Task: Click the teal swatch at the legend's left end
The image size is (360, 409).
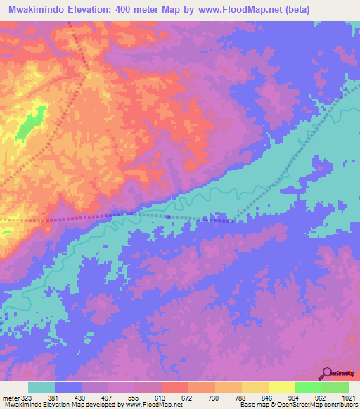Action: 41,387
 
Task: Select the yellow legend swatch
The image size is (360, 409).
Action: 282,387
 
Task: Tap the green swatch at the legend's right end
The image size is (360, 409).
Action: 335,387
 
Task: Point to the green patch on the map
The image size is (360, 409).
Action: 30,124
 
